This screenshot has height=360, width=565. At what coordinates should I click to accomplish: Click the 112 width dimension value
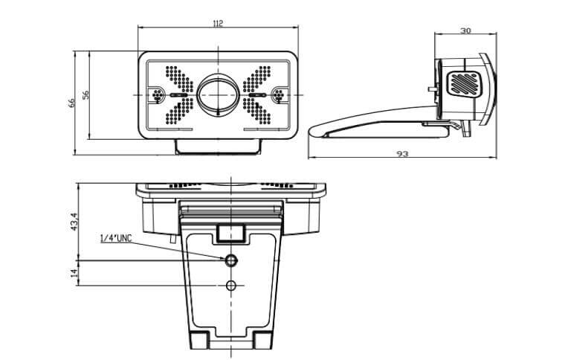218,24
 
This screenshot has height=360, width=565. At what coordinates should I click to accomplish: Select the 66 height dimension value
73,103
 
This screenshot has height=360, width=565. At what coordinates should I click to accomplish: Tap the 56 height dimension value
86,94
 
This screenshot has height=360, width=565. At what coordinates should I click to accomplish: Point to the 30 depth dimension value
465,31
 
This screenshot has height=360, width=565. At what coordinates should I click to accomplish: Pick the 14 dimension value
73,273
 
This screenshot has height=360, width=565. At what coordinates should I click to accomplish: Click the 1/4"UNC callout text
115,238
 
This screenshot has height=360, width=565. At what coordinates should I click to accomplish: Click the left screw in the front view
158,95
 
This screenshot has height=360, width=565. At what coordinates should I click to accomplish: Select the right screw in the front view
279,95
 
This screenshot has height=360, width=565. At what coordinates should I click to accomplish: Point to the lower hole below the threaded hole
231,286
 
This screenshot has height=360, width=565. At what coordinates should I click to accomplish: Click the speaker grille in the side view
464,83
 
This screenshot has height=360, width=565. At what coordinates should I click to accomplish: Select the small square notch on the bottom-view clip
231,232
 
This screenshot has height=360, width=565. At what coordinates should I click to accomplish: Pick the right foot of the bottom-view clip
262,340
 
